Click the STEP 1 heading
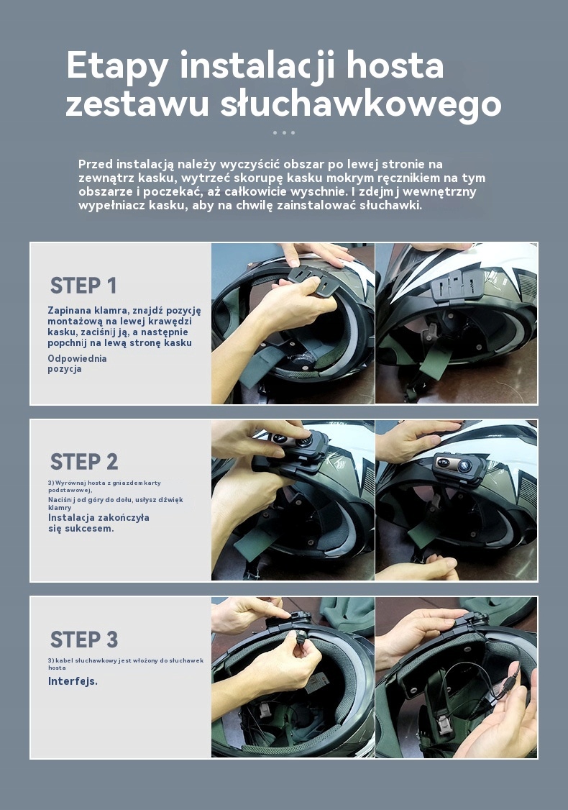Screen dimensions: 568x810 click(x=83, y=285)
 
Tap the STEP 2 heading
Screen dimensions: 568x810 click(x=84, y=462)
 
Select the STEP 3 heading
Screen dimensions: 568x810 click(x=84, y=640)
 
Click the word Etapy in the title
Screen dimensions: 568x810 click(x=118, y=67)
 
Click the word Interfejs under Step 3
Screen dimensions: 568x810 click(x=73, y=681)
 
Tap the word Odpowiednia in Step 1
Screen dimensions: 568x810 click(x=77, y=358)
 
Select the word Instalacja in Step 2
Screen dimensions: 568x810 click(x=71, y=518)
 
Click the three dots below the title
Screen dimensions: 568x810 click(x=284, y=133)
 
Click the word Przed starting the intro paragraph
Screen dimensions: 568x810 click(x=96, y=164)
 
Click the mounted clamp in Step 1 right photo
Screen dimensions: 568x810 click(x=457, y=285)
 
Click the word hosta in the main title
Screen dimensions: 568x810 click(x=395, y=65)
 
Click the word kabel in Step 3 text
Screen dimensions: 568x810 click(x=64, y=660)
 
